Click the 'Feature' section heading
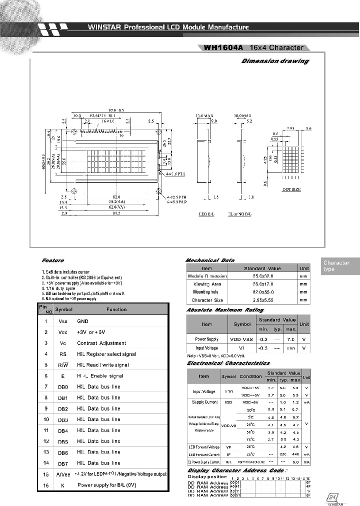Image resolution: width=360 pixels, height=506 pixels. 53,260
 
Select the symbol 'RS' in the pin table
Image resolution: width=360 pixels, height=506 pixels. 63,354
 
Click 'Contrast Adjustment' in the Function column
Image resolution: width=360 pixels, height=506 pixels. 101,343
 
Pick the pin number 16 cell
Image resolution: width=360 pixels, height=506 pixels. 46,485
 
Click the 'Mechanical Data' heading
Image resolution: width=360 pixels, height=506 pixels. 210,260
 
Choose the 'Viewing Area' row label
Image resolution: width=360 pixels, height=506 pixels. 207,283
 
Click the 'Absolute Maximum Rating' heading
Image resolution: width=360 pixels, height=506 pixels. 224,310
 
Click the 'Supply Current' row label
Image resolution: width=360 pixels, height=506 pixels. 204,401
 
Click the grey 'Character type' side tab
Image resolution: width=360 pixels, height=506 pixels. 336,266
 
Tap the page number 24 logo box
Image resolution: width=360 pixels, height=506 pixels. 333,497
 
